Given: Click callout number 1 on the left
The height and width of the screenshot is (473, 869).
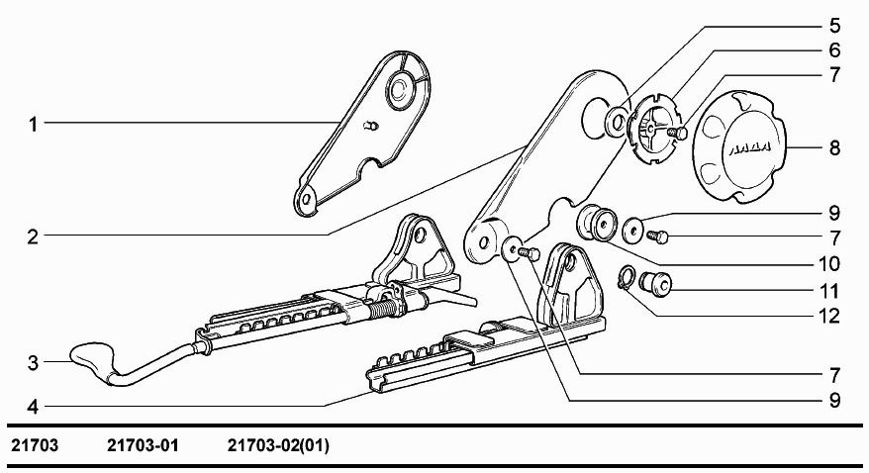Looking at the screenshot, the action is pyautogui.click(x=34, y=124).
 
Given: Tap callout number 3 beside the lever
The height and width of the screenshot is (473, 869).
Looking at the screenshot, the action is pyautogui.click(x=34, y=363).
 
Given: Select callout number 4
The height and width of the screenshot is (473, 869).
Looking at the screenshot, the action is pyautogui.click(x=34, y=407).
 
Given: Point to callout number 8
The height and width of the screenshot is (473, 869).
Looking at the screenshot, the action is pyautogui.click(x=834, y=148).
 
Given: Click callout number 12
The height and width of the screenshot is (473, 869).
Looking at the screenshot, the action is pyautogui.click(x=828, y=317).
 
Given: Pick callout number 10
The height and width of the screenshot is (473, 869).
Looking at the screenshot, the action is pyautogui.click(x=828, y=263).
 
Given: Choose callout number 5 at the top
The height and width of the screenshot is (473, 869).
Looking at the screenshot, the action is pyautogui.click(x=834, y=26).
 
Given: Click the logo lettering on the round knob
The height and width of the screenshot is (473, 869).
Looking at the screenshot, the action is pyautogui.click(x=748, y=148).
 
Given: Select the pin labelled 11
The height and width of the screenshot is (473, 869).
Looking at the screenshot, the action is pyautogui.click(x=655, y=282).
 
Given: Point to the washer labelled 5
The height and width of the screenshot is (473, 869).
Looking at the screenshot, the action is pyautogui.click(x=616, y=122).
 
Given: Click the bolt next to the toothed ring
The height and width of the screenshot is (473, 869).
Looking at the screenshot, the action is pyautogui.click(x=676, y=133).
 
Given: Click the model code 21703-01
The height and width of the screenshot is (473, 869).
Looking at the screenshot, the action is pyautogui.click(x=143, y=445).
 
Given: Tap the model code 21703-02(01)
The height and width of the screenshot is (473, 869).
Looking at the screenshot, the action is pyautogui.click(x=278, y=445).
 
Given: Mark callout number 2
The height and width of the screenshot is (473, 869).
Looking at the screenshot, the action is pyautogui.click(x=34, y=237).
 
